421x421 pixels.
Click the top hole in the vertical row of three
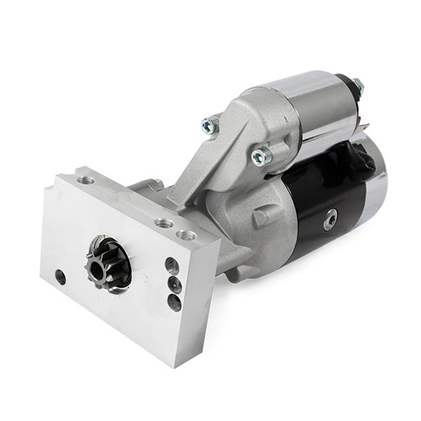click(x=172, y=265)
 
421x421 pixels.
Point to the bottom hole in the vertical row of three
click(x=174, y=302)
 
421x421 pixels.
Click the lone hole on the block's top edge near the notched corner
click(x=86, y=180)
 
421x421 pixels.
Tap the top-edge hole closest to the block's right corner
click(x=186, y=236)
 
